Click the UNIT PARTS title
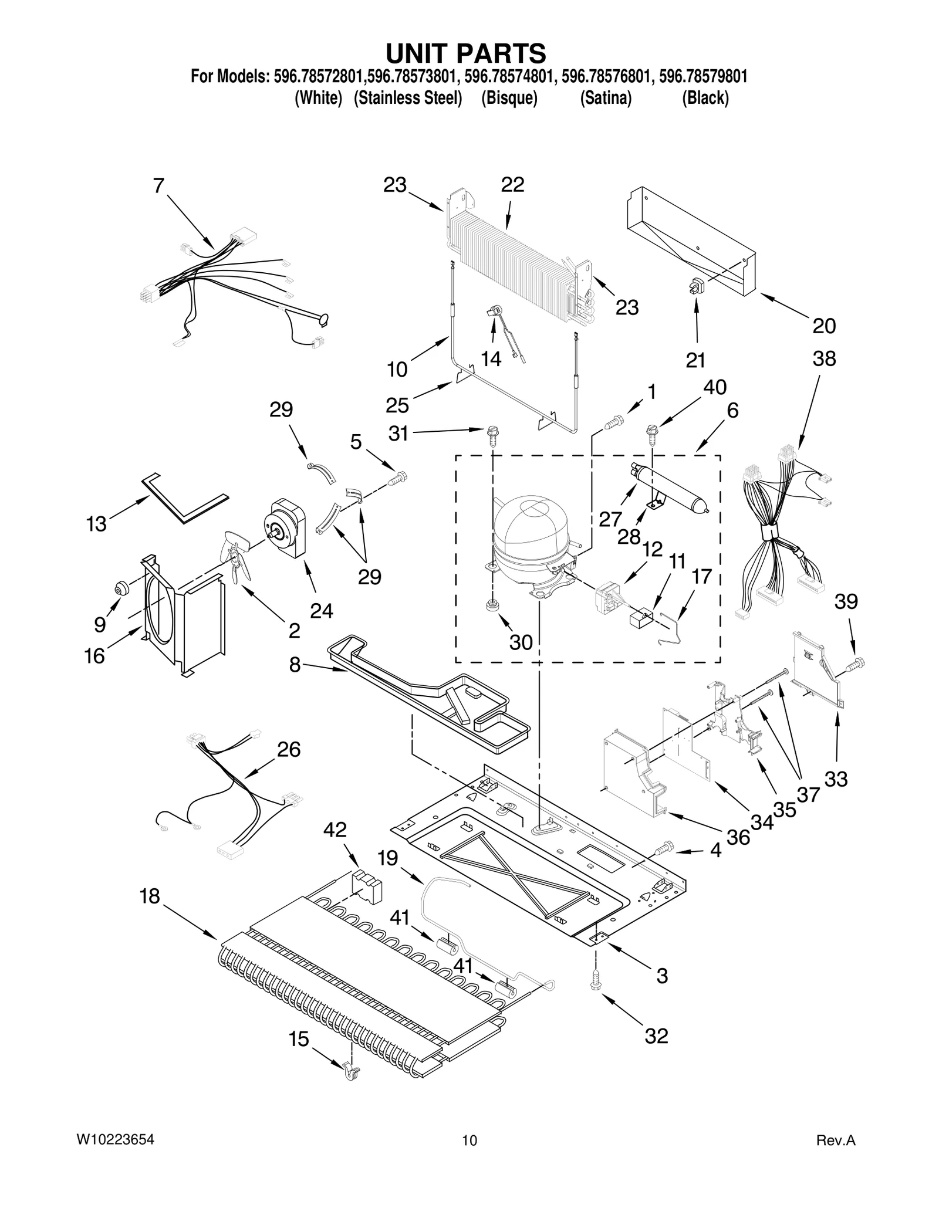[x=465, y=53]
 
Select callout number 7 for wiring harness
[x=158, y=186]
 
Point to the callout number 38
[x=824, y=358]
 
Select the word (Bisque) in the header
[x=509, y=98]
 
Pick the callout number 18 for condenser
[x=150, y=896]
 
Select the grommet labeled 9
[x=123, y=588]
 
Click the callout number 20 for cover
[x=823, y=326]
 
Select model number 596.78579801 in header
[x=703, y=76]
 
